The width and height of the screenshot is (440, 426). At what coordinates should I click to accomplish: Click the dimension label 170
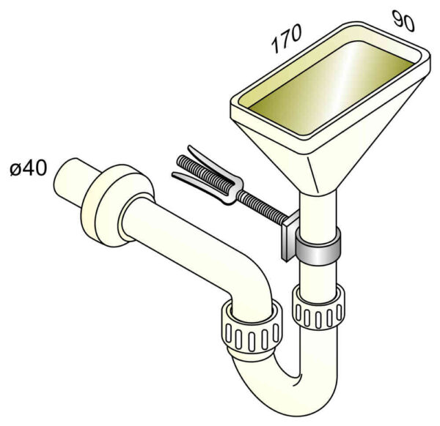(x=287, y=38)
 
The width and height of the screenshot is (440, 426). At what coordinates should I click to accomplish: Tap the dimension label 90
(x=403, y=20)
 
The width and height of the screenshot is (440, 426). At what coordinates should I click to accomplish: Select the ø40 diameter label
(x=29, y=168)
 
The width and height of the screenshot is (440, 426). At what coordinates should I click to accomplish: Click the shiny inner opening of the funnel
(x=331, y=87)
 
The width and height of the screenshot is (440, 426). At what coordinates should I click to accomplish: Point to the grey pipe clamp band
(x=318, y=247)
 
